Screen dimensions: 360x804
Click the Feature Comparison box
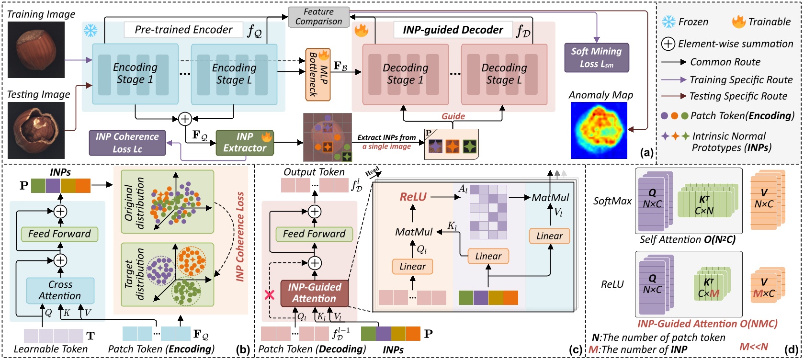(318, 17)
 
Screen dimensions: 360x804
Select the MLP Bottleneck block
(318, 74)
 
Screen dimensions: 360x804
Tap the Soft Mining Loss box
(596, 57)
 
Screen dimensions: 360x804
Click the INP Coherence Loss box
(127, 143)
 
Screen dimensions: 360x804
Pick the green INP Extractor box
(245, 143)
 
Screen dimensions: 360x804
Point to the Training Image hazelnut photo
(36, 50)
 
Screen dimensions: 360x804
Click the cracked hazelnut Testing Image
(36, 130)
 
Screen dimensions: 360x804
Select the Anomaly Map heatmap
(599, 130)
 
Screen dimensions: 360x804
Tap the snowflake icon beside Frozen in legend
(668, 22)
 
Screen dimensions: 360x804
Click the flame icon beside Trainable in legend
(738, 22)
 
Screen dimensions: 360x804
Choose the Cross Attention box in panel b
(60, 290)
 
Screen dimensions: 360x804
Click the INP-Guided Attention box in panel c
(314, 293)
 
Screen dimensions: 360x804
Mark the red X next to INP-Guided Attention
(270, 295)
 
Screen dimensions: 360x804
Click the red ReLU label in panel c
(413, 197)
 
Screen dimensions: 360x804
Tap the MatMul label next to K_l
(414, 232)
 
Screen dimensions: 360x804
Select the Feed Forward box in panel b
(59, 234)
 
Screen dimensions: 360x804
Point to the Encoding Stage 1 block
(135, 74)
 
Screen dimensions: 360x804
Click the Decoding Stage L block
(504, 74)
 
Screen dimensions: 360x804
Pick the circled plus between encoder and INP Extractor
(185, 119)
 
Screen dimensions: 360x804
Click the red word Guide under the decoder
(453, 116)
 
